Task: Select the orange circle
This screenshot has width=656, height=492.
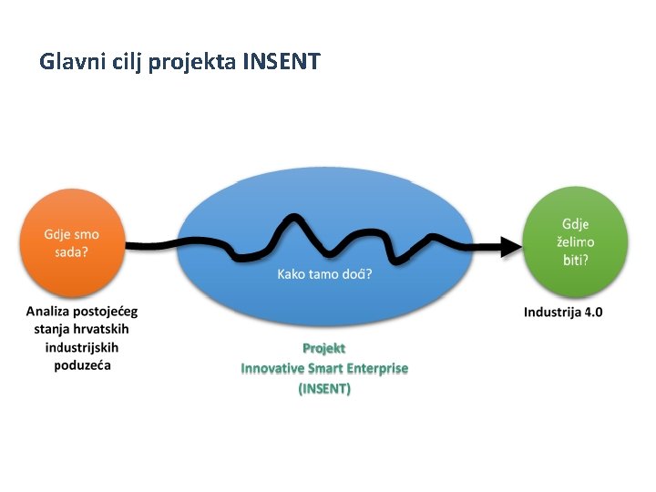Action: (72, 242)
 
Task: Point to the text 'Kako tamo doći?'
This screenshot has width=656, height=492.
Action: (324, 273)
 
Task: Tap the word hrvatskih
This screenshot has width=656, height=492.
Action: (107, 329)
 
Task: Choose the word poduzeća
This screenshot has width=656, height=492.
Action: (82, 365)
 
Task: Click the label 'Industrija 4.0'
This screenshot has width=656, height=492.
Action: (563, 313)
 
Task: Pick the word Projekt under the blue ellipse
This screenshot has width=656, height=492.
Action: (323, 348)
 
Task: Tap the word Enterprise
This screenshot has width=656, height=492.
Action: (375, 368)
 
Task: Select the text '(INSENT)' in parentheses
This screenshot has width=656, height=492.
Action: (324, 388)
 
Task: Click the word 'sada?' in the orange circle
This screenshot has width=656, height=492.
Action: (71, 251)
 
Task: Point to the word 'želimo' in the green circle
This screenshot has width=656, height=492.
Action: (575, 241)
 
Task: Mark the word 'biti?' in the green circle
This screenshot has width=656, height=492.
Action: (575, 260)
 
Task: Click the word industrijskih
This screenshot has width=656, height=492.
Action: (82, 347)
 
